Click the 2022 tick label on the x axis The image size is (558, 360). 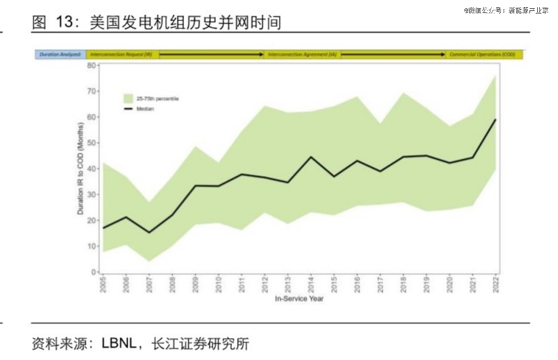pos(496,285)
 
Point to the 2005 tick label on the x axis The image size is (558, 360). pos(102,285)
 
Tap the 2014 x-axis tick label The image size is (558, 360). pos(311,285)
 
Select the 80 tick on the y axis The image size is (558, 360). pos(92,65)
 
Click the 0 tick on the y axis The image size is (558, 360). pos(94,272)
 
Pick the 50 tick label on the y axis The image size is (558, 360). pos(92,143)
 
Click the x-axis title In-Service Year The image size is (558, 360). pos(299,299)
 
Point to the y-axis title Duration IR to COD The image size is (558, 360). pos(81,168)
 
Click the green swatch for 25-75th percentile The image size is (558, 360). pos(129,98)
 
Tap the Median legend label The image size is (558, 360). pos(145,109)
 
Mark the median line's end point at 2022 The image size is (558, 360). pos(496,119)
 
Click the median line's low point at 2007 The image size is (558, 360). pos(149,232)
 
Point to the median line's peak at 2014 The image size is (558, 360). pos(311,157)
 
